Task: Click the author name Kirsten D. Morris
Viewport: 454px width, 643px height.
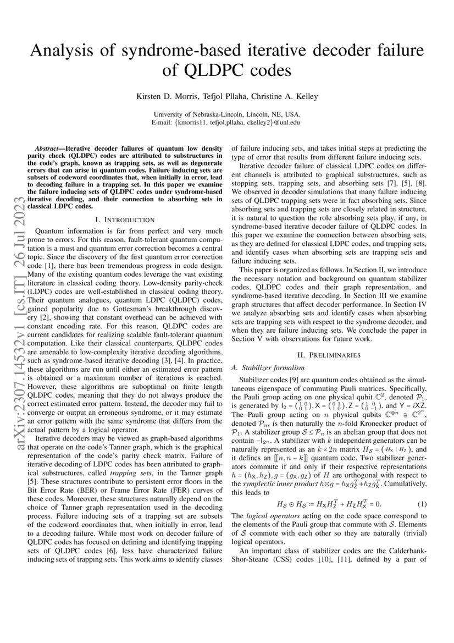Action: [162, 97]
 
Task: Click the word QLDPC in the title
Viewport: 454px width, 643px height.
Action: [213, 72]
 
